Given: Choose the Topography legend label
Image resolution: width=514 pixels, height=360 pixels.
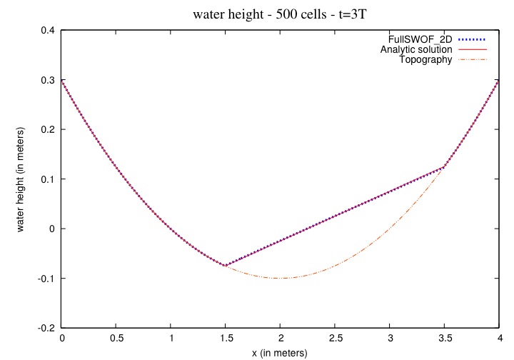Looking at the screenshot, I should click(x=425, y=60).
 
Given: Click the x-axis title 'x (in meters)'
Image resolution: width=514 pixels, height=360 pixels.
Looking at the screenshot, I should click(x=280, y=353).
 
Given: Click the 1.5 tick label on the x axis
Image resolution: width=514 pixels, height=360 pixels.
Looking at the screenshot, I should click(x=226, y=339).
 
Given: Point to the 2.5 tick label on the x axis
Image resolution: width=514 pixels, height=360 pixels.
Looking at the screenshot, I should click(x=335, y=339).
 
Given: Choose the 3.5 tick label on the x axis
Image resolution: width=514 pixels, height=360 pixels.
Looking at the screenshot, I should click(x=444, y=339).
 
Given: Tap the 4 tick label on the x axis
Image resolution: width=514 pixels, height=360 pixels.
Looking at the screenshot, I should click(x=498, y=339).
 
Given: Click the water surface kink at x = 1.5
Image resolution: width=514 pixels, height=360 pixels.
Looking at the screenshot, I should click(x=226, y=266).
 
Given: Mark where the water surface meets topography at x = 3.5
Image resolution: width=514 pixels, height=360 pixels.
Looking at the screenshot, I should click(x=444, y=166).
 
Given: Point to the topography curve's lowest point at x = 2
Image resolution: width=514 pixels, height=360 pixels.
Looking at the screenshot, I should click(x=281, y=278).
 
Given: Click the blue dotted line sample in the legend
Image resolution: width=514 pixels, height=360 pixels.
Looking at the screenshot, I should click(x=472, y=39).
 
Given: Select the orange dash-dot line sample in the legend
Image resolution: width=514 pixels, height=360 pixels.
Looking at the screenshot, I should click(x=472, y=60).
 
